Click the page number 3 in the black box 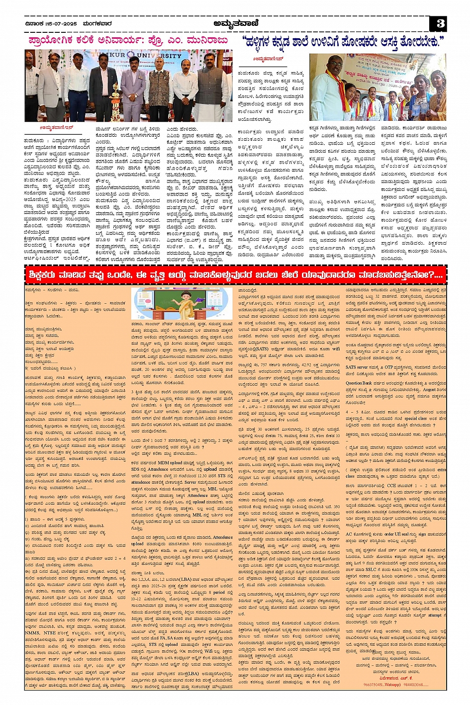pyautogui.click(x=440, y=24)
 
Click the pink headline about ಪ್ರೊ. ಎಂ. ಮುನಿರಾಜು pyautogui.click(x=128, y=40)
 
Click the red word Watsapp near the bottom pyautogui.click(x=391, y=685)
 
